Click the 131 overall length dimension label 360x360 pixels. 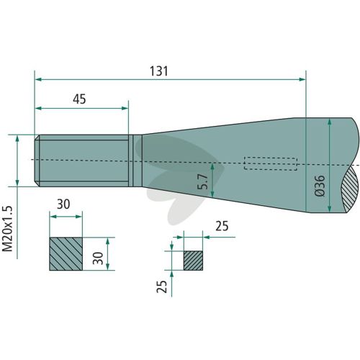159,71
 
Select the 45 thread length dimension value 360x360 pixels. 79,99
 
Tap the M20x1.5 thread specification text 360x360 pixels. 7,228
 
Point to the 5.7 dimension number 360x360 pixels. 203,181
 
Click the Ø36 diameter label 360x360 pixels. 320,186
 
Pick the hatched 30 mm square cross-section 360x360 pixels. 66,254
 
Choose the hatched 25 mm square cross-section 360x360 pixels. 193,261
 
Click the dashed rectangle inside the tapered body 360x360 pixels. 271,163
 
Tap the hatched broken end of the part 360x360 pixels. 351,189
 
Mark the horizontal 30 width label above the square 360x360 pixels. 63,204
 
